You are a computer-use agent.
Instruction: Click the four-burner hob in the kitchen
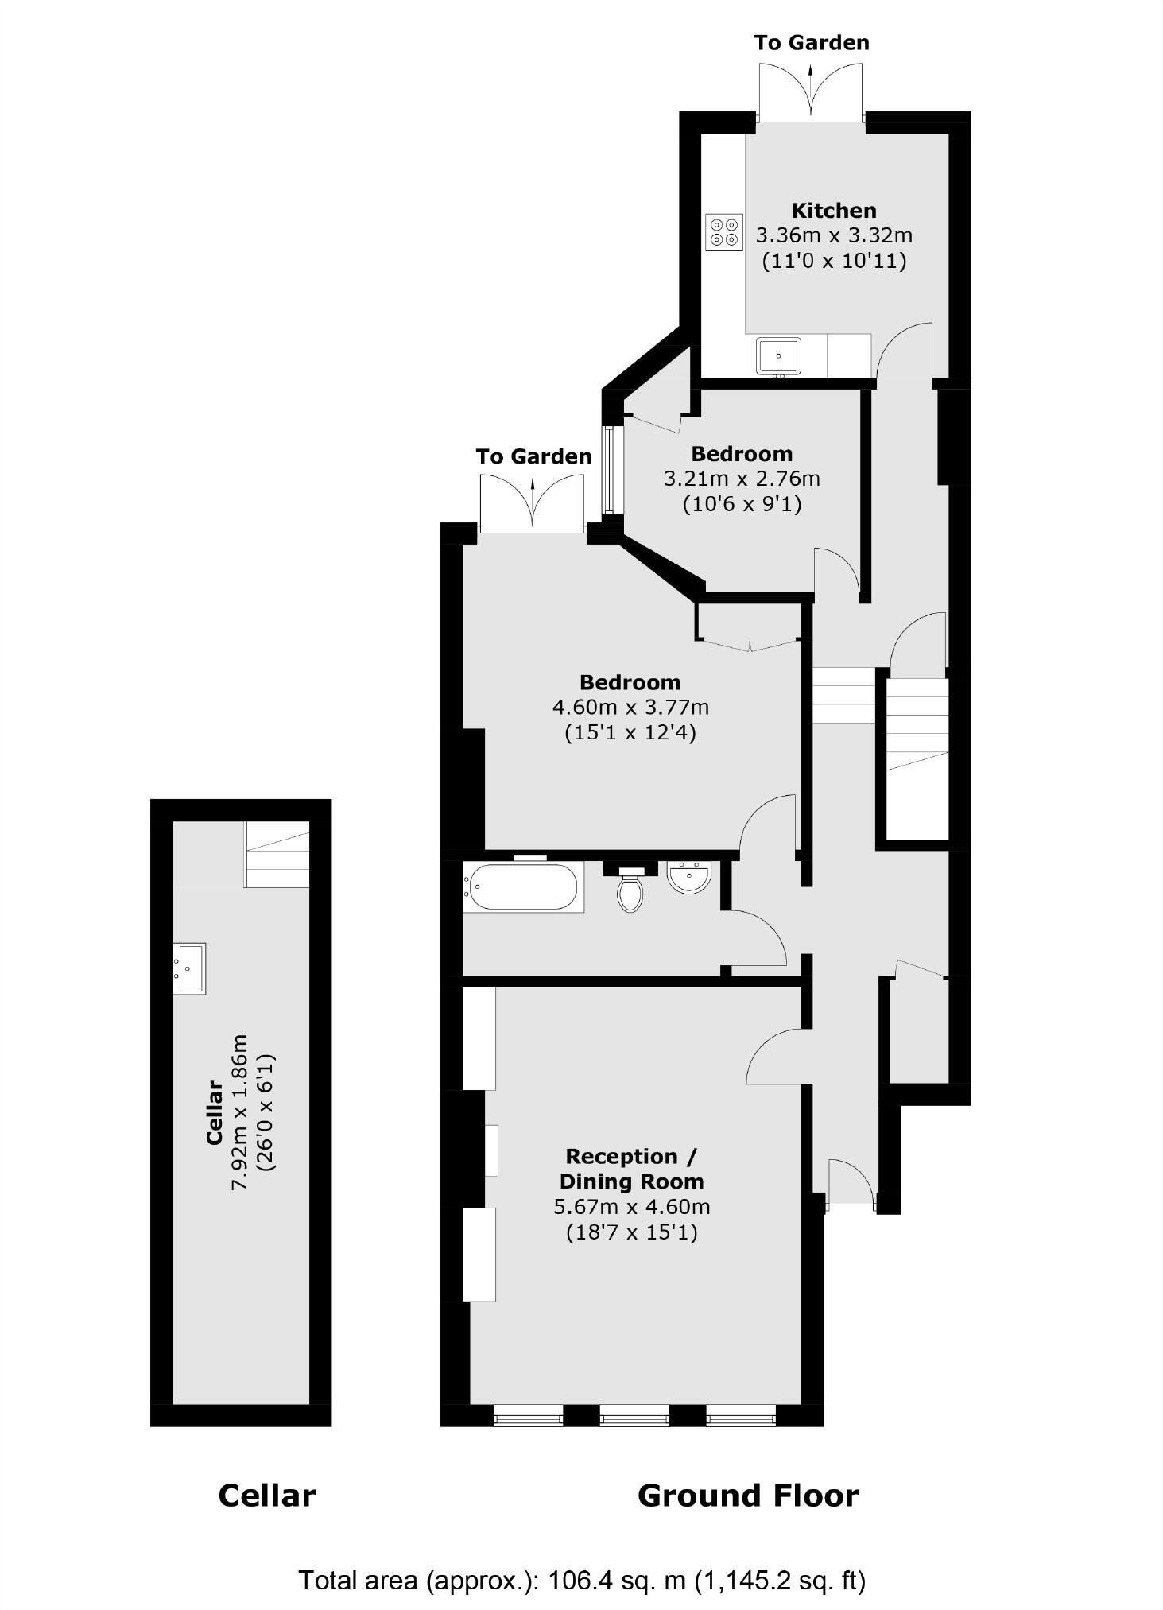[x=723, y=232]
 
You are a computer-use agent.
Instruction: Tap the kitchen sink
[x=778, y=355]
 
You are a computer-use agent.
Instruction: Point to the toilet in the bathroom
[x=630, y=890]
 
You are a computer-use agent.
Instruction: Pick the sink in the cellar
[x=190, y=968]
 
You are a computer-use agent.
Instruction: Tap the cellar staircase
[x=277, y=855]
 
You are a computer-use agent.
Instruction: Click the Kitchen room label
[x=834, y=211]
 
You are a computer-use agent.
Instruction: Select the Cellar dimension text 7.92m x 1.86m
[x=240, y=1111]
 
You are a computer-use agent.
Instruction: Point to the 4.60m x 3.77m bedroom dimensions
[x=630, y=707]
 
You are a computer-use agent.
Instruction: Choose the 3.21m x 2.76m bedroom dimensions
[x=742, y=479]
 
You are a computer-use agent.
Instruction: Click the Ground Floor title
[x=747, y=1496]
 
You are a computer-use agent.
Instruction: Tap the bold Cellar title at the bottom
[x=266, y=1496]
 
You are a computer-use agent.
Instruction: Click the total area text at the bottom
[x=581, y=1580]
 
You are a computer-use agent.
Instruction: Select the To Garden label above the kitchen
[x=812, y=42]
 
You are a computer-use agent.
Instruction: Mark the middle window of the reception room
[x=634, y=1415]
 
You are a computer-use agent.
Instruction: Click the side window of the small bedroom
[x=609, y=470]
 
